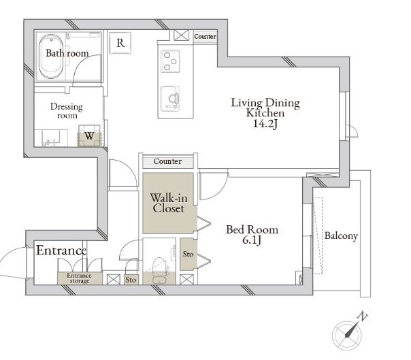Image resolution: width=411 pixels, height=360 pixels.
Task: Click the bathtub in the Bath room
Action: click(52, 56)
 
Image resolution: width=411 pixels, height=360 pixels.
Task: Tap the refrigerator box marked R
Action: click(120, 43)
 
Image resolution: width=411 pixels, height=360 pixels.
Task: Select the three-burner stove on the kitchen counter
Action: click(170, 61)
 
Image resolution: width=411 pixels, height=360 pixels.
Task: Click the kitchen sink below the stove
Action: click(170, 99)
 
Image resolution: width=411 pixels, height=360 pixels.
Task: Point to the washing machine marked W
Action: click(89, 136)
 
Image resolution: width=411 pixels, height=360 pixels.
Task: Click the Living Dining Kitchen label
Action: click(265, 108)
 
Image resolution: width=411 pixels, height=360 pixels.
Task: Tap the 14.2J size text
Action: click(265, 123)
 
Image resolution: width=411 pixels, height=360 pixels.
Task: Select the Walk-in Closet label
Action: click(169, 203)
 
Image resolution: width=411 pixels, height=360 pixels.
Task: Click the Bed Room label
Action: click(252, 230)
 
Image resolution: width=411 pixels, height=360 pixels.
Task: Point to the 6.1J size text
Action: click(252, 240)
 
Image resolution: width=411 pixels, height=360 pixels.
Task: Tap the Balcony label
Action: click(341, 235)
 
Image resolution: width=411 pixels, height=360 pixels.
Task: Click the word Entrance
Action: click(61, 250)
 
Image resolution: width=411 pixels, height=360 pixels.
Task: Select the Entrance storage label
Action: click(79, 278)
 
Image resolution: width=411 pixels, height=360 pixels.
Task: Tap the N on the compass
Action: click(363, 316)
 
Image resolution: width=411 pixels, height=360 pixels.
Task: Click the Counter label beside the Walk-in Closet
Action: click(167, 161)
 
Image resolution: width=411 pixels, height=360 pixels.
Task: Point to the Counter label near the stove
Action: click(205, 37)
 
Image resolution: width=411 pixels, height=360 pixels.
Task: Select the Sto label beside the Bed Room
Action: click(188, 254)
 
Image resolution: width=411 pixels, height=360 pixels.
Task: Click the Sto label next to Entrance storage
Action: click(131, 280)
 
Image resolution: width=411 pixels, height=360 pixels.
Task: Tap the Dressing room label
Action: click(66, 111)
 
